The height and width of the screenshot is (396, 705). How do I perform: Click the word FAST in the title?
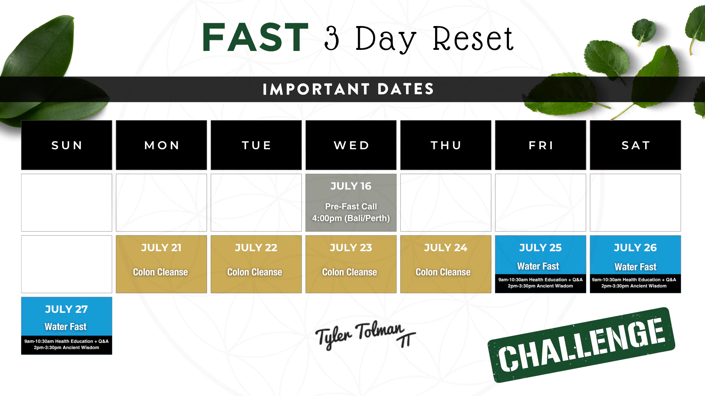[x=255, y=37]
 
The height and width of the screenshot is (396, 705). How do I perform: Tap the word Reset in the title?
[x=473, y=38]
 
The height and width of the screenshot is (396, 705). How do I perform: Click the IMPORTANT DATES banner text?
[x=348, y=89]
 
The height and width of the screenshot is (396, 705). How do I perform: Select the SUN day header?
[x=66, y=145]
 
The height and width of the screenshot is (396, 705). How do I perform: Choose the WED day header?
[x=351, y=145]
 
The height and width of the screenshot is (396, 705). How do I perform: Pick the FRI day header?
[x=540, y=145]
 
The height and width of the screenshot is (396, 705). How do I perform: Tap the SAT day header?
[x=635, y=145]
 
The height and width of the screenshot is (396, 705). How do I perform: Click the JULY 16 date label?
[x=351, y=186]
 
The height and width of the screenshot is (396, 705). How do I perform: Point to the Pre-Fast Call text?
[x=351, y=206]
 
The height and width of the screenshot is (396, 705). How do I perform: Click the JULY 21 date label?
[x=161, y=248]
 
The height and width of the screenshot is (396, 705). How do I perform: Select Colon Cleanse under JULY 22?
[x=254, y=272]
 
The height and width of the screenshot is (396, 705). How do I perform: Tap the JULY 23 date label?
[x=351, y=248]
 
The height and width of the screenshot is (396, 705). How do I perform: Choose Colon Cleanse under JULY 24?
[x=443, y=272]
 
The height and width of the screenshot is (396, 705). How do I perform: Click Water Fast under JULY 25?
[x=538, y=266]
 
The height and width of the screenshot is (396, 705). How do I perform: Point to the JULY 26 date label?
[x=635, y=248]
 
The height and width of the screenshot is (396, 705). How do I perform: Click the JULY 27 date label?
[x=66, y=309]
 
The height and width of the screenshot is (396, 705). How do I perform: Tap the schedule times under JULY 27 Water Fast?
[x=66, y=344]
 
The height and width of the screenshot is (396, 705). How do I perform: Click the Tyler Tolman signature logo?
[x=365, y=334]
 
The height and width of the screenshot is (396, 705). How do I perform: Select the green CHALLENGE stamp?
[x=581, y=345]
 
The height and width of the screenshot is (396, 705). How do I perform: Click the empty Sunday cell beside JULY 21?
[x=66, y=264]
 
